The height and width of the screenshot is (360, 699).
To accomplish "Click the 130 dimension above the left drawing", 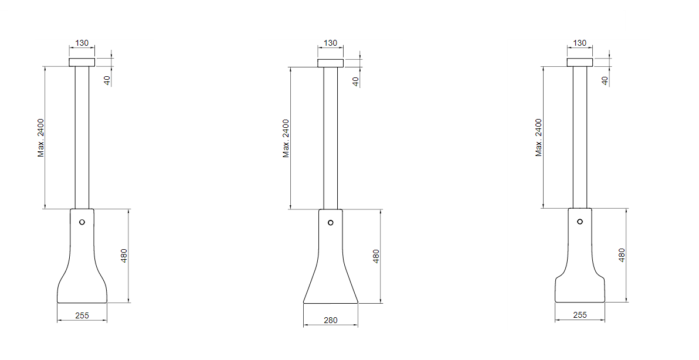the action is [x=82, y=43].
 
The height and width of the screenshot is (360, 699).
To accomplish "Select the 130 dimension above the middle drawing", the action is [x=330, y=43].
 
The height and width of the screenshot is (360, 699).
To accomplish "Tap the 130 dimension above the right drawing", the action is [x=579, y=43].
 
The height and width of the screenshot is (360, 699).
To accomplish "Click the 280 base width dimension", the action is [x=330, y=320].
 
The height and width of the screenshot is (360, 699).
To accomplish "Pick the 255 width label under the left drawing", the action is [x=82, y=315].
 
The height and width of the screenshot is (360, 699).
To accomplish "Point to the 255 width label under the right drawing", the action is [x=579, y=315].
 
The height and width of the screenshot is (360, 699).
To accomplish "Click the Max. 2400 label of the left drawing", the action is [x=41, y=138].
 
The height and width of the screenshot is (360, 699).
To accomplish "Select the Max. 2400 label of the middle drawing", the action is [x=286, y=138].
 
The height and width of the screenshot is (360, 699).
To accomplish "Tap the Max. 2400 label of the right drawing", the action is [x=539, y=137].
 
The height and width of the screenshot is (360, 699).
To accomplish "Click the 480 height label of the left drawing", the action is [x=124, y=256].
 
